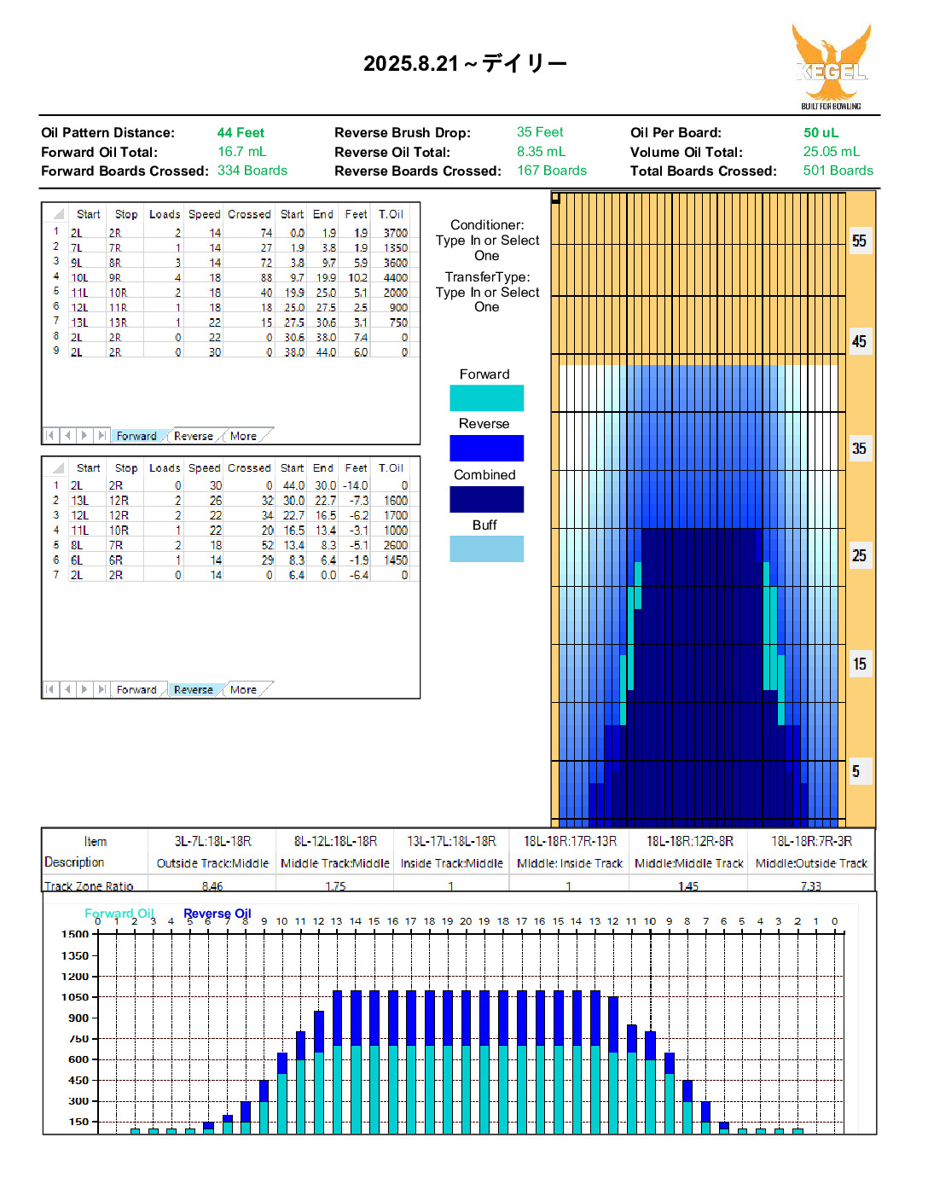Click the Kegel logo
pos(831,67)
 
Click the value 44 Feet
pos(241,133)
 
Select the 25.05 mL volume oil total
pos(831,152)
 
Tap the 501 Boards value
pos(838,171)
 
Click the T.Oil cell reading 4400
pos(395,277)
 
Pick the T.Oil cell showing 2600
pos(395,545)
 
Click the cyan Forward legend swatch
pos(486,398)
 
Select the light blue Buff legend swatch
pos(486,548)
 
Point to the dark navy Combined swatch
pos(486,499)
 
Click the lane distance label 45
pos(858,341)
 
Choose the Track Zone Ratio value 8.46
pos(212,886)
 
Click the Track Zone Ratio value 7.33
pos(811,886)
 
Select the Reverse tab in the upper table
pos(194,436)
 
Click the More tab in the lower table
pos(243,690)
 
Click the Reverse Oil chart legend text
pos(217,913)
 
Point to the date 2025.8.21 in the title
pos(410,64)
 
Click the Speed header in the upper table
pos(204,214)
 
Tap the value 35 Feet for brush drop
pos(539,132)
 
